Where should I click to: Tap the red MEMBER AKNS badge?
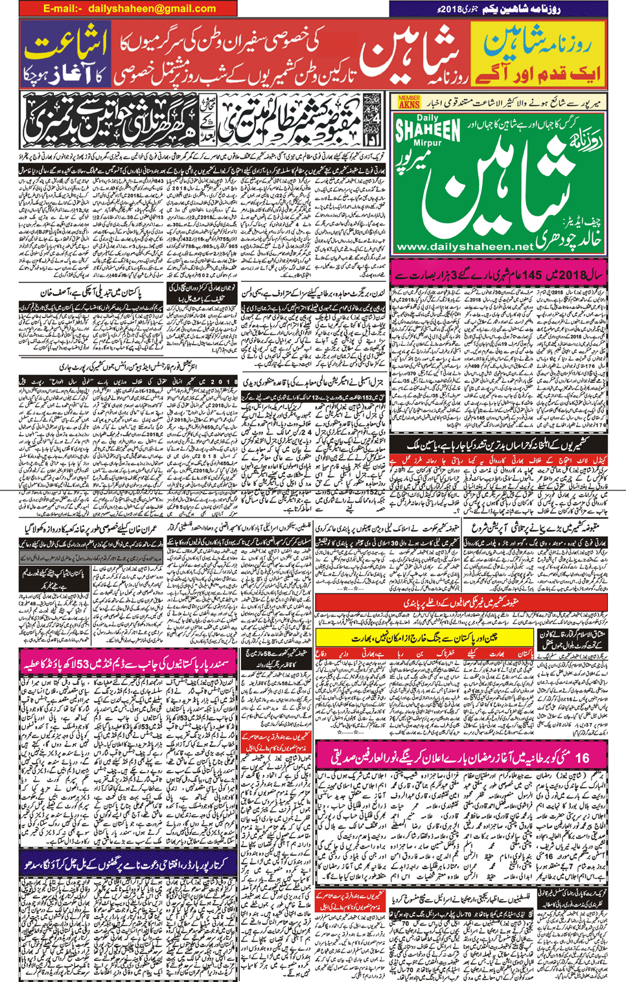tap(409, 101)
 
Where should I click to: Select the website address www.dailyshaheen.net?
tap(464, 247)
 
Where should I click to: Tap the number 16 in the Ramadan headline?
tap(582, 757)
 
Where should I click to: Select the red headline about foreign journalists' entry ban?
tap(461, 602)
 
